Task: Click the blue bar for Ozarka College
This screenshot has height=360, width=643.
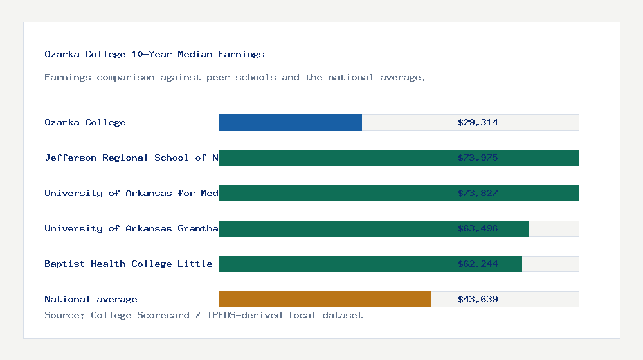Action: pos(290,122)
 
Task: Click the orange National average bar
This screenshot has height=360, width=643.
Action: pos(325,299)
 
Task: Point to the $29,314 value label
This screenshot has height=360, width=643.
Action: pos(478,122)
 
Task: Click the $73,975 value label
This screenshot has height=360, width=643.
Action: pos(478,157)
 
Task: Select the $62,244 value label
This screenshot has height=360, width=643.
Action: pos(478,264)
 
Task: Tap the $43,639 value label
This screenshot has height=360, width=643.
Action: pos(478,299)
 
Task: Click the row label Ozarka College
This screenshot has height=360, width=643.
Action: pos(85,122)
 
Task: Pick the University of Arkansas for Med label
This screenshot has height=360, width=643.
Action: pos(131,193)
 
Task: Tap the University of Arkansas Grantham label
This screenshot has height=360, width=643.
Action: pos(131,228)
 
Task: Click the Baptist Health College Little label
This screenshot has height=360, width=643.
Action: pos(129,264)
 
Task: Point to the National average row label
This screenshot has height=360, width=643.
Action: pos(91,299)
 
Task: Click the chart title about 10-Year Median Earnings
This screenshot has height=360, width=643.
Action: pos(154,55)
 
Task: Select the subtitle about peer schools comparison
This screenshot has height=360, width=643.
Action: pos(235,78)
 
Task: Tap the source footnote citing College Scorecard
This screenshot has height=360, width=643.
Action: pos(203,315)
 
